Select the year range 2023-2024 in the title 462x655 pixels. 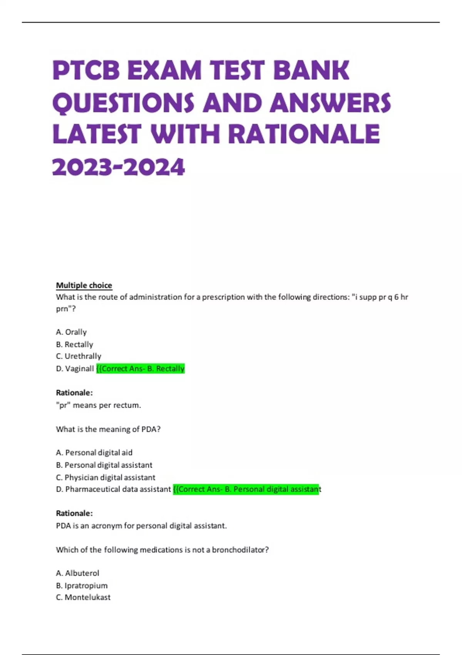click(118, 168)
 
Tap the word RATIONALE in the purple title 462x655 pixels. click(304, 134)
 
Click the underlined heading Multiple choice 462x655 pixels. click(84, 286)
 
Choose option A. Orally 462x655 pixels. click(71, 332)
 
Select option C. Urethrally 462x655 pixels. click(79, 356)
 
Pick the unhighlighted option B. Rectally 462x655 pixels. click(75, 344)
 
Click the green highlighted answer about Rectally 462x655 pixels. click(141, 369)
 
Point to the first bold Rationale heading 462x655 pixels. click(74, 393)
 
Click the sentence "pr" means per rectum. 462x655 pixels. click(99, 405)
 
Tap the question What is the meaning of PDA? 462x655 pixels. click(108, 429)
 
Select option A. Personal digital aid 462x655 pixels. click(94, 453)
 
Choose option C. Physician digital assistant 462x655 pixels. click(105, 477)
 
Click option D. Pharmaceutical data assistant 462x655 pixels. click(113, 489)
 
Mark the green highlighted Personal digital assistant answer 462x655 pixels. click(246, 489)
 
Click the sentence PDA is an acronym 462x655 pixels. click(141, 526)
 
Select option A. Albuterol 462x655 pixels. click(77, 573)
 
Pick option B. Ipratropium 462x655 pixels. click(82, 586)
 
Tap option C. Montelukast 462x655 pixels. click(83, 598)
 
